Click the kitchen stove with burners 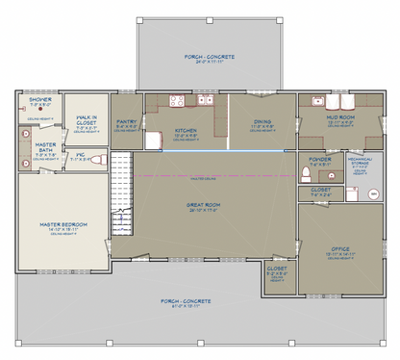(176, 100)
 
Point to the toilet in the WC (95, 162)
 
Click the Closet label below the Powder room (321, 192)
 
